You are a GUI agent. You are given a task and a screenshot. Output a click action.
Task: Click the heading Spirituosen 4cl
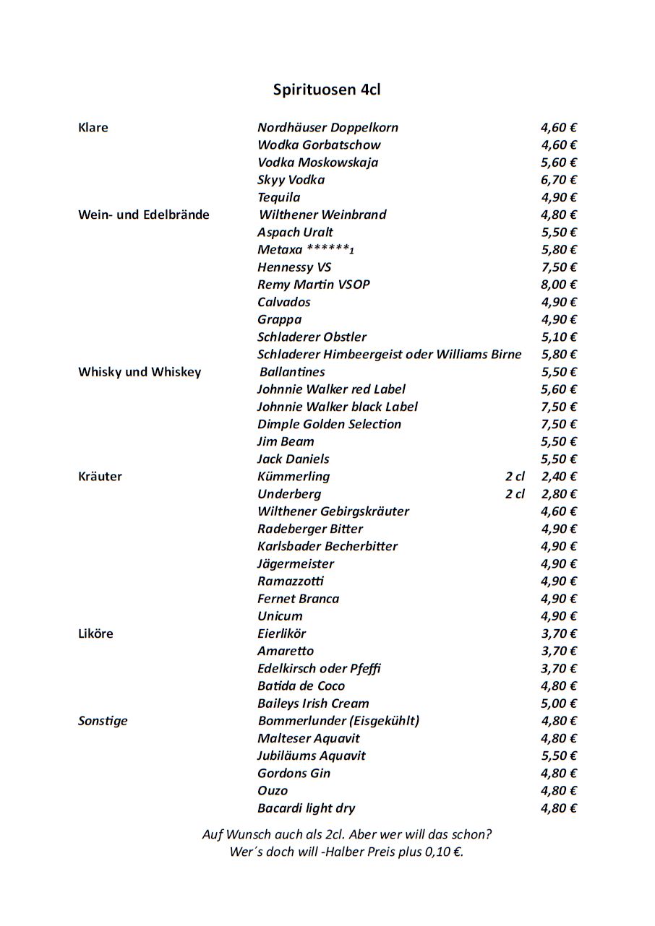pos(327,90)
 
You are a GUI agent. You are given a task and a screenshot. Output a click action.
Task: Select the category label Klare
pos(93,128)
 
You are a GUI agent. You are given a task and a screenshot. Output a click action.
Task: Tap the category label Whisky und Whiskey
pos(140,372)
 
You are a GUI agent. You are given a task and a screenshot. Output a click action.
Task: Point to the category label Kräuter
pos(100,477)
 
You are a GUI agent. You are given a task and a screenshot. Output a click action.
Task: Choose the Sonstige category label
pos(103,721)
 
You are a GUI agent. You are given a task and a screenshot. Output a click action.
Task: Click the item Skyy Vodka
pos(291,180)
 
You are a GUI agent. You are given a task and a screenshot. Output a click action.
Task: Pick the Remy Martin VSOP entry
pos(313,285)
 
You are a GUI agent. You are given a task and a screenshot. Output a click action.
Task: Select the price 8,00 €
pos(558,285)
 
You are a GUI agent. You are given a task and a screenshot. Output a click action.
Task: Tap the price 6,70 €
pos(558,180)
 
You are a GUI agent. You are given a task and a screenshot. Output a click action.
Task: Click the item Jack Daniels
pos(293,459)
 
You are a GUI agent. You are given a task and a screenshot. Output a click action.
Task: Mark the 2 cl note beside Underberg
pos(515,494)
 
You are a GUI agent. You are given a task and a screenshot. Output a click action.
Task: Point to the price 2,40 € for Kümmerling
pos(558,477)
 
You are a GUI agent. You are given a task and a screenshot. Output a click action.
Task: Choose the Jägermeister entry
pos(296,564)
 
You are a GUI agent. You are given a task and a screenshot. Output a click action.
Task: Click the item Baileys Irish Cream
pos(313,704)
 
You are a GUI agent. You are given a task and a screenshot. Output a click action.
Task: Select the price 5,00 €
pos(558,704)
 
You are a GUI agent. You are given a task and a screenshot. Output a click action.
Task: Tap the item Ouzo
pos(273,791)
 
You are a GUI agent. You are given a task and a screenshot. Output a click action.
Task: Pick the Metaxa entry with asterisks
pos(305,250)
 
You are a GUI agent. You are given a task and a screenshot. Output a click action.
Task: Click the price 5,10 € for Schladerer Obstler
pos(558,337)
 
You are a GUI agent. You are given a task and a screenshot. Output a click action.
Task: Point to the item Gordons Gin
pos(294,774)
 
